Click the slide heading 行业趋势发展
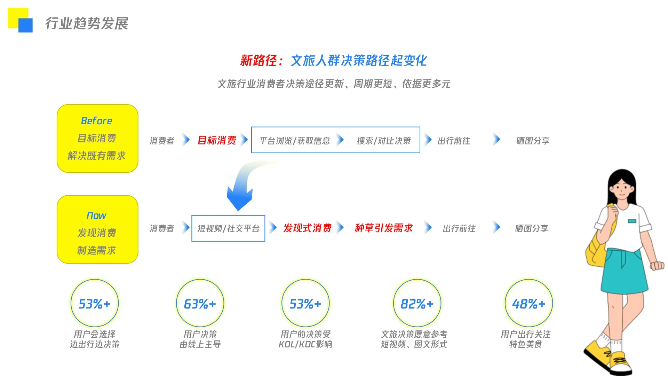[87, 24]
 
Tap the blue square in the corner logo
[25, 25]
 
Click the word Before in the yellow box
[96, 121]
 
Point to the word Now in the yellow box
[96, 216]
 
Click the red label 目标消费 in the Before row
[217, 140]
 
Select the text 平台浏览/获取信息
[294, 141]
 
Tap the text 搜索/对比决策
[384, 141]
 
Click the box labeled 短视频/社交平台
[228, 228]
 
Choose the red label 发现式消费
[307, 228]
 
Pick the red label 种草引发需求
[384, 228]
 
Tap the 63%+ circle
[200, 304]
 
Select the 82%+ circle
[417, 304]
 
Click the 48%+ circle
[528, 304]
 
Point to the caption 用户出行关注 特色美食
[526, 339]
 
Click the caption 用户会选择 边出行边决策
[95, 339]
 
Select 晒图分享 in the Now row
[531, 228]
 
